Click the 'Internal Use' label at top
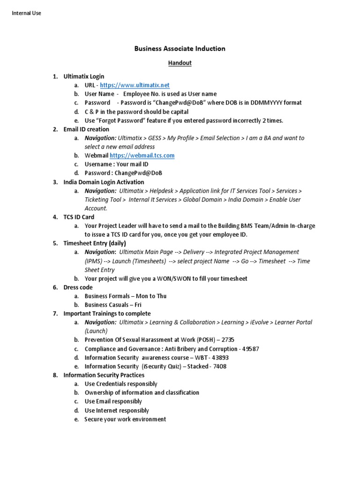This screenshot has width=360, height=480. [26, 13]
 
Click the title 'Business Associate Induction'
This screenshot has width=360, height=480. [180, 48]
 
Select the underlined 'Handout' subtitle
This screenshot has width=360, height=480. [180, 63]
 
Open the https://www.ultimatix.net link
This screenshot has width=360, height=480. [135, 85]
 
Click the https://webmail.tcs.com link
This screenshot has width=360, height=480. [142, 156]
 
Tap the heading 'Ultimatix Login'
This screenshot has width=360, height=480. [84, 76]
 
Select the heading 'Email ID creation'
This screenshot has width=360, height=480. [86, 129]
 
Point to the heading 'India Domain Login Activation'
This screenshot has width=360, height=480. [104, 182]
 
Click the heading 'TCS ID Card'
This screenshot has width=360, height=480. [79, 217]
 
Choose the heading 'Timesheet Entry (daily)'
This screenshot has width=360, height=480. [95, 243]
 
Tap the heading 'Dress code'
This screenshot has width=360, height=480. [78, 287]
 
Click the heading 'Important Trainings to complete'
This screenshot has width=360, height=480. [107, 314]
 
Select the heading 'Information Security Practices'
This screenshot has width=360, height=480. [104, 375]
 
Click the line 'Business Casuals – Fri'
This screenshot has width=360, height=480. [113, 305]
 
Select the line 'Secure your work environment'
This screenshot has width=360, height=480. [125, 420]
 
